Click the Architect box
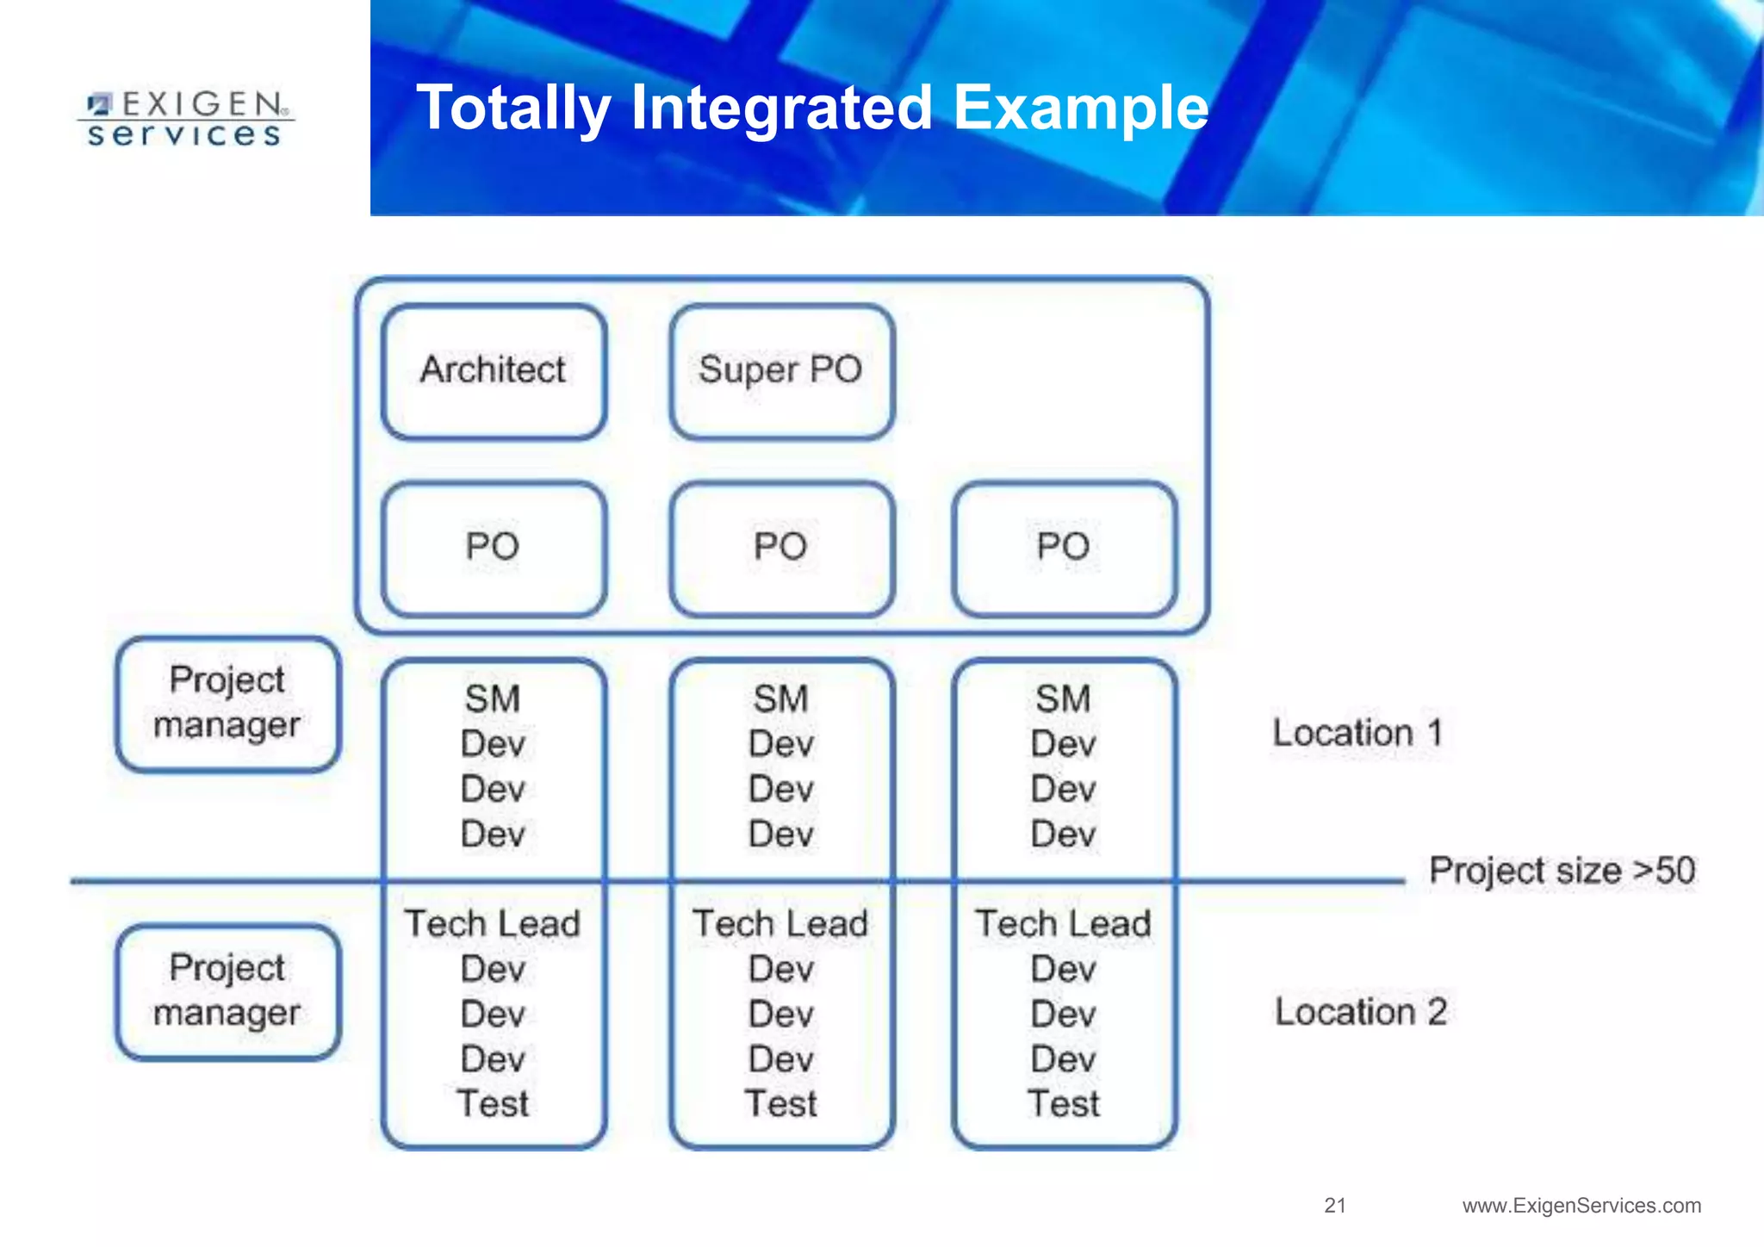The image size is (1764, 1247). tap(494, 371)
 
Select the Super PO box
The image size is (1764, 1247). tap(781, 371)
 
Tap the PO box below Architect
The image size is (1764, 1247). tap(494, 548)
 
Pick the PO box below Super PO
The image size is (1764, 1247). tap(781, 548)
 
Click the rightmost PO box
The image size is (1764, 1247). tap(1064, 548)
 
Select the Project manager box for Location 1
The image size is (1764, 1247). tap(227, 704)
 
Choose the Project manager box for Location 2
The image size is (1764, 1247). tap(227, 991)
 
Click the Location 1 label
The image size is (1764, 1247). tap(1357, 733)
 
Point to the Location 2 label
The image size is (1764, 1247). tap(1360, 1012)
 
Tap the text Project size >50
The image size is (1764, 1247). tap(1562, 871)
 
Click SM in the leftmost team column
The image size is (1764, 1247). tap(493, 698)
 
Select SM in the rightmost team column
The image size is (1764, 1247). tap(1064, 698)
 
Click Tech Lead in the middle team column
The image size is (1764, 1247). tap(781, 924)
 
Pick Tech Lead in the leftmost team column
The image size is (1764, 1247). tap(493, 924)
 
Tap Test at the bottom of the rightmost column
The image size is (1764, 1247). tap(1064, 1104)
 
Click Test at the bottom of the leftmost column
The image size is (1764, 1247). tap(493, 1104)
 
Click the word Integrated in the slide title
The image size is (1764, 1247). tap(781, 108)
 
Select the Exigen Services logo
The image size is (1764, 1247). tap(185, 120)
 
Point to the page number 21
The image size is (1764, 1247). tap(1335, 1206)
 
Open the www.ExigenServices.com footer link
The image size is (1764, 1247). tap(1581, 1206)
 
